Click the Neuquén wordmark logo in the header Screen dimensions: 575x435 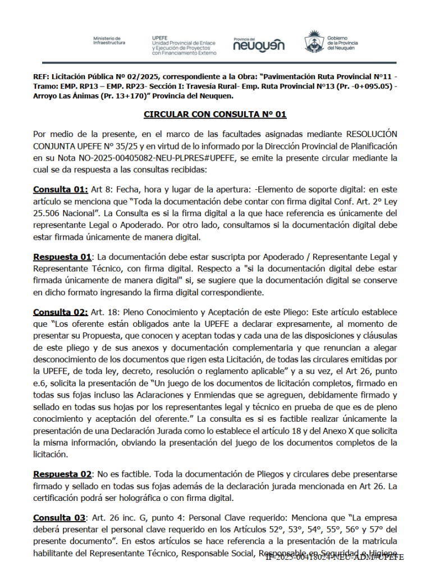tap(259, 44)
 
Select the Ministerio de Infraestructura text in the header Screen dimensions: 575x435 tap(109, 40)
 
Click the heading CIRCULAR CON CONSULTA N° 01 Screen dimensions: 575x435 tap(215, 115)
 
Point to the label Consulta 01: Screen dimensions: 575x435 tap(61, 189)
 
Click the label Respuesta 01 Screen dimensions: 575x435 tap(62, 257)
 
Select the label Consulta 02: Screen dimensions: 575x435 tap(61, 312)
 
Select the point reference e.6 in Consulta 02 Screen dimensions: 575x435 tap(41, 383)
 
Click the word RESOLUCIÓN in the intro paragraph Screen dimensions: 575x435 tap(372, 135)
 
